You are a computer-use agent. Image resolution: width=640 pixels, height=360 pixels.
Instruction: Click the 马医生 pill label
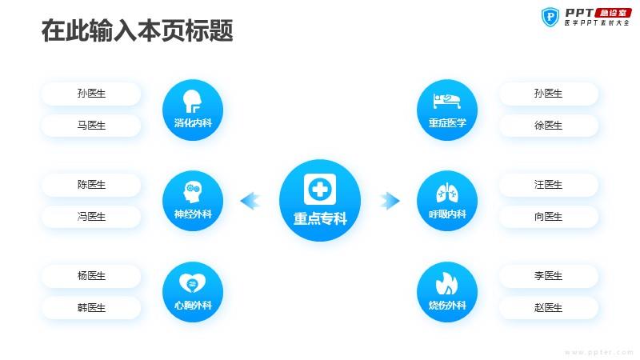coord(91,126)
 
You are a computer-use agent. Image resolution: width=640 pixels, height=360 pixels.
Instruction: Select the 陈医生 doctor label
coord(91,185)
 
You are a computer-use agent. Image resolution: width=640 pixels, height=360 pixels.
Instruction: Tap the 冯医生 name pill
coord(91,216)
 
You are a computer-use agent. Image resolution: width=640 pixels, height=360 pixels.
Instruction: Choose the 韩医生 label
coord(91,307)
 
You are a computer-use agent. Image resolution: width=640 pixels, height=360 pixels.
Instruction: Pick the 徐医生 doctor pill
coord(548,126)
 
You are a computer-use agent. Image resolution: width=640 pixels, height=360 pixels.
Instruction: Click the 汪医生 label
coord(548,185)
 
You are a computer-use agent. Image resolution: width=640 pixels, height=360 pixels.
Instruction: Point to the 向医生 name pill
coord(548,216)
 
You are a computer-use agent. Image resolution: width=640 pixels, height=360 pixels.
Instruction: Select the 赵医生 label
coord(548,307)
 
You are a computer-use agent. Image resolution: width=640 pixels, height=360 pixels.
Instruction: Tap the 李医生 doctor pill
coord(548,275)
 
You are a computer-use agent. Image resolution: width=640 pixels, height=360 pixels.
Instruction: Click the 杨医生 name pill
coord(91,275)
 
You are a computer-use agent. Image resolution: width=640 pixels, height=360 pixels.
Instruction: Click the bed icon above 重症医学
coord(447,101)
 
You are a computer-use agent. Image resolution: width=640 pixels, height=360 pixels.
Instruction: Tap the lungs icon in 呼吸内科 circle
coord(447,192)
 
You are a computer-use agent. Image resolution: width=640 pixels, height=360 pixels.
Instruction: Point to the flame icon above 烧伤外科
coord(446,283)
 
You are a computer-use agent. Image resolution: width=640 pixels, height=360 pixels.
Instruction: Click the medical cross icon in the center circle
coord(320,189)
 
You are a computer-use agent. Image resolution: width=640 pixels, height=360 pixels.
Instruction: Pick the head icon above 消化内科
coord(192,101)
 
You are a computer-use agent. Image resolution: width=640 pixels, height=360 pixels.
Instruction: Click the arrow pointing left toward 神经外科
coord(250,201)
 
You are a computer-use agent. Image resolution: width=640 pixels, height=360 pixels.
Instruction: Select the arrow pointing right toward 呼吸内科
coord(390,201)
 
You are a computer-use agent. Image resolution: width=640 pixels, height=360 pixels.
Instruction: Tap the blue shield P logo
coord(550,17)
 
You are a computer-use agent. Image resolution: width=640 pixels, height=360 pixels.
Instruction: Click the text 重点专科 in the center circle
coord(320,218)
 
